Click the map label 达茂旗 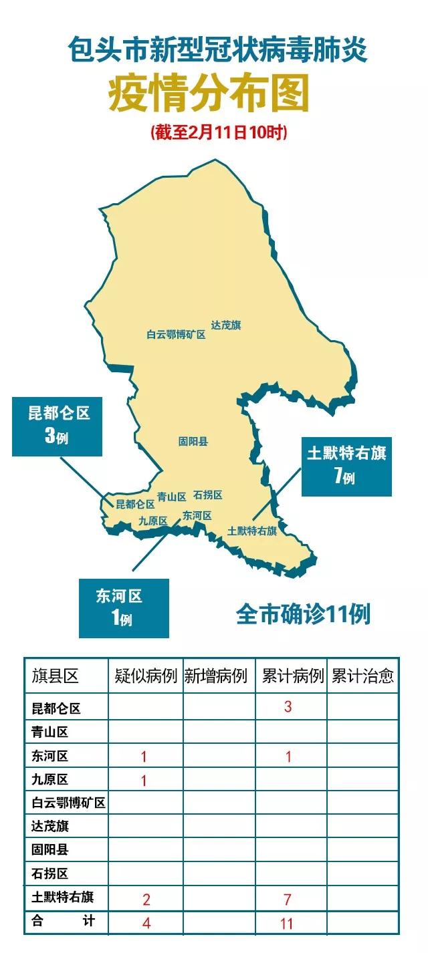(x=226, y=325)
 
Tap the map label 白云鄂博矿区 (x=176, y=335)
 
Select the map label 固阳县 (x=193, y=442)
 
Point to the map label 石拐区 (x=208, y=495)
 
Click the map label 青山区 (x=172, y=497)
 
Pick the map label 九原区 (x=153, y=521)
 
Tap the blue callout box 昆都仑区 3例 (x=58, y=426)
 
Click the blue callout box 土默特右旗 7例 (x=346, y=465)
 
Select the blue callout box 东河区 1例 (x=124, y=607)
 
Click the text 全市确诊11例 (x=303, y=614)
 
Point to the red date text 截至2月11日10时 (x=219, y=132)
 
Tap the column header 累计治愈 (x=362, y=676)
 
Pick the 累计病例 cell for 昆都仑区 (x=288, y=706)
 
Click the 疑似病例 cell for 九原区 (x=144, y=781)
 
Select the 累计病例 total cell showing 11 (x=288, y=924)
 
